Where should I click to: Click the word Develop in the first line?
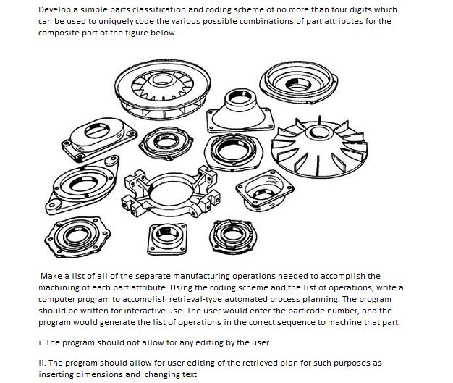[54, 9]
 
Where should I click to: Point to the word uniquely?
[113, 21]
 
